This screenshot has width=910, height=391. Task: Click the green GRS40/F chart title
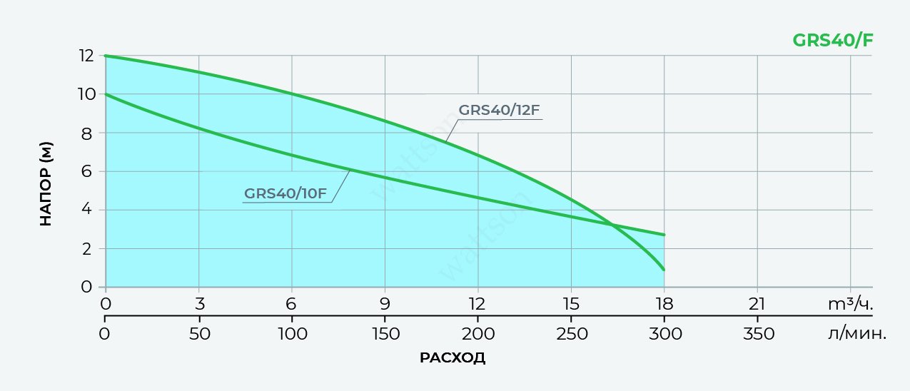[x=832, y=40]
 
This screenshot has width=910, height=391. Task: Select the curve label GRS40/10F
[x=285, y=193]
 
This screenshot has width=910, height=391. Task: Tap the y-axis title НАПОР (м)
[x=46, y=184]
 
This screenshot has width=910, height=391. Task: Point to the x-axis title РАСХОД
[x=453, y=357]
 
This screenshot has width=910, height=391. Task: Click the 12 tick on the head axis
[x=86, y=56]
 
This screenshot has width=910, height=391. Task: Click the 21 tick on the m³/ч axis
[x=757, y=303]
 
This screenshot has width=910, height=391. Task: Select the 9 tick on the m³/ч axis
[x=385, y=303]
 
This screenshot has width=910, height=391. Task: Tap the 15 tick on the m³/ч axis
[x=571, y=303]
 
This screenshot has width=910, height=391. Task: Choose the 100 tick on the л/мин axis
[x=292, y=333]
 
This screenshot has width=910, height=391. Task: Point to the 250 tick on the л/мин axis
[x=571, y=333]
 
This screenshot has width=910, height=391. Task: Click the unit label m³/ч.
[x=850, y=303]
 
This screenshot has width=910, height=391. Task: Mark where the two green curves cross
[x=612, y=225]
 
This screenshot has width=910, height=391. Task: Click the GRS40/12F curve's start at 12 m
[x=106, y=56]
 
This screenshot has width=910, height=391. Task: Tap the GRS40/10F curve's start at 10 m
[x=106, y=94]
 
